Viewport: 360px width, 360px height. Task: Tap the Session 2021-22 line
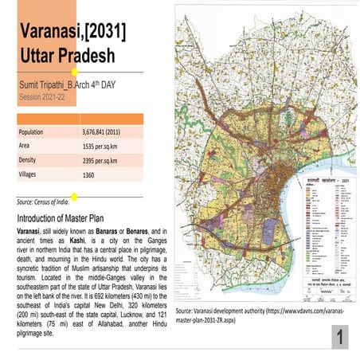pos(41,102)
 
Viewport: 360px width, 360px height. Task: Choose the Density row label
pos(30,160)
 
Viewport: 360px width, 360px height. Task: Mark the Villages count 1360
pos(89,174)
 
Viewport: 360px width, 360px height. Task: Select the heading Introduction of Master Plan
pos(67,217)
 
